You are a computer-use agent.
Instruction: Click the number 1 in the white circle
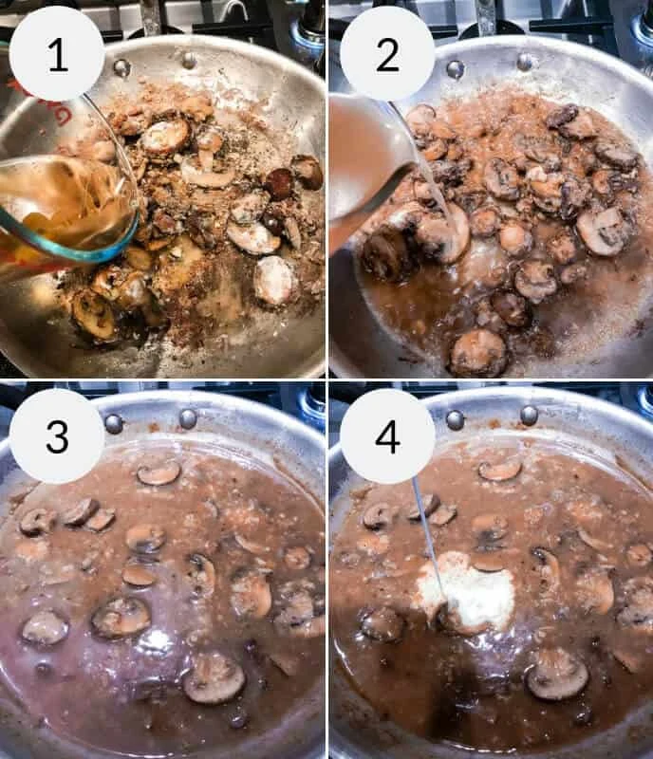click(58, 55)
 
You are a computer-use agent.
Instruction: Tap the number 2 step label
click(387, 55)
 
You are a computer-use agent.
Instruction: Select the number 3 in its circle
click(57, 436)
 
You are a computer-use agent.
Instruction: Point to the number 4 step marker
click(387, 436)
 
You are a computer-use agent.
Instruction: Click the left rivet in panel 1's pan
click(121, 67)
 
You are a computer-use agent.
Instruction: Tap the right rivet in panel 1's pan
click(189, 61)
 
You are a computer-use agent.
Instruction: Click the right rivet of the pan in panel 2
click(526, 62)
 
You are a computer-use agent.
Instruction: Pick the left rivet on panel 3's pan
click(114, 423)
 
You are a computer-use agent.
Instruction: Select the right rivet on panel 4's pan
click(529, 416)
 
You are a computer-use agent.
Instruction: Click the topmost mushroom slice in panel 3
click(159, 472)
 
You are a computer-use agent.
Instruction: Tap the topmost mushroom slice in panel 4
click(500, 470)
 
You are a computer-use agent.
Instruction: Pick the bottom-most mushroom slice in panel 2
click(478, 353)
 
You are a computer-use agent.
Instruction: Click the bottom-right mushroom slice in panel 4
click(557, 674)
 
